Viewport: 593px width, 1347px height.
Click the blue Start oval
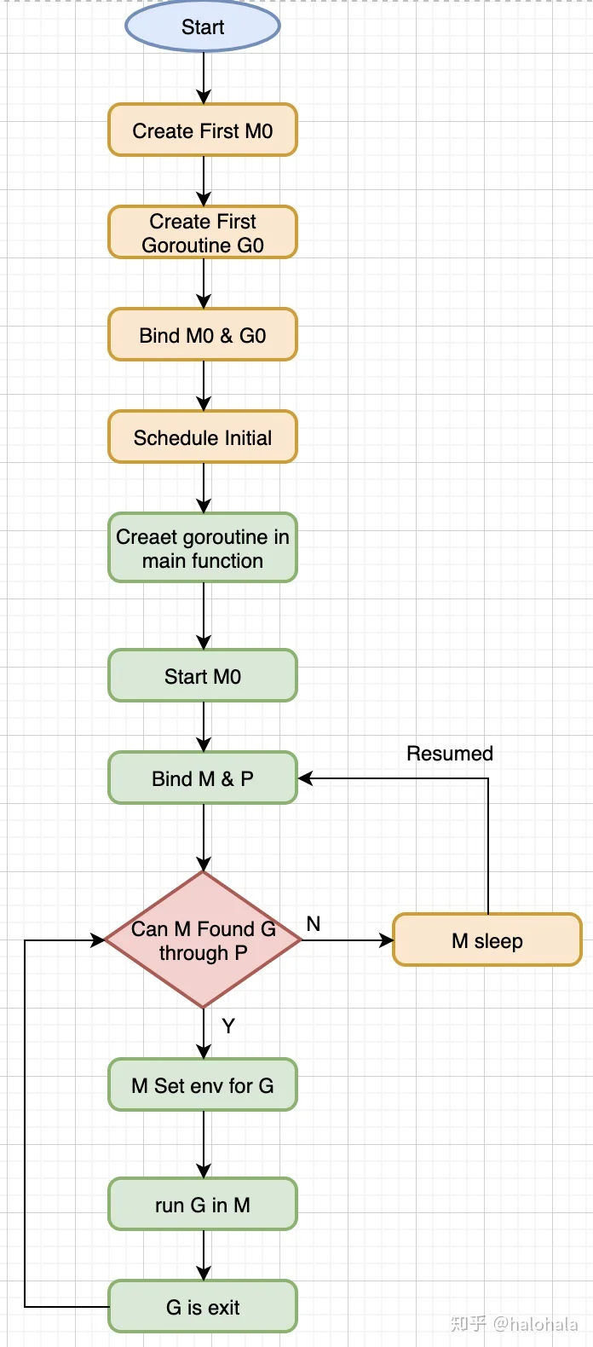(203, 26)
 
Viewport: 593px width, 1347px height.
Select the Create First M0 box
(203, 130)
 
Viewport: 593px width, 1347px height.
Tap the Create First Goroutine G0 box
(203, 232)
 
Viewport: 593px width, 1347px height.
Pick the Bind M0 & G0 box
(203, 334)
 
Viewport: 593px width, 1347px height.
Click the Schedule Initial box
(203, 436)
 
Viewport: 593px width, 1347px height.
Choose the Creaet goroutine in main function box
(203, 547)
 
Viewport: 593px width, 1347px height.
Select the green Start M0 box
(203, 675)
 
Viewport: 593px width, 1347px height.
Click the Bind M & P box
(203, 778)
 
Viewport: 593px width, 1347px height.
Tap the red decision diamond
(203, 939)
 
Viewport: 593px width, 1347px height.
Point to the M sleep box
(487, 939)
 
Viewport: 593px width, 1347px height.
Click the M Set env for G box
(203, 1084)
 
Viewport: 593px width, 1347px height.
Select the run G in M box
(203, 1204)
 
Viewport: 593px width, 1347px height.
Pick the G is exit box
(203, 1306)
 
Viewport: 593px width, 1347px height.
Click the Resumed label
(450, 753)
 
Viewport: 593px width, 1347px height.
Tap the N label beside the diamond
(313, 923)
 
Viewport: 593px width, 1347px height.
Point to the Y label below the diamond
(228, 1026)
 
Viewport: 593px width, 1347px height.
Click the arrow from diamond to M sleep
(347, 939)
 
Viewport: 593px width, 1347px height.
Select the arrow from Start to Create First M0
(204, 78)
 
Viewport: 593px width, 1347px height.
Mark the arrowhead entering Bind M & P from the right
(305, 778)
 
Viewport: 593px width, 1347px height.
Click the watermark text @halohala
(535, 1323)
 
